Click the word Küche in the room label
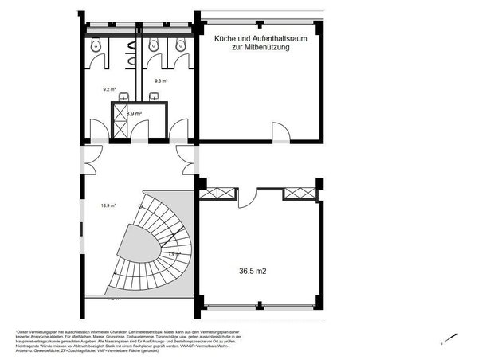[x=221, y=37]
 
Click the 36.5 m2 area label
[x=253, y=272]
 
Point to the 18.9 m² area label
[x=108, y=205]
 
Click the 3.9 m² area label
[x=134, y=115]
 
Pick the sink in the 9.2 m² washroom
[x=123, y=97]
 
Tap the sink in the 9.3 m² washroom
[x=154, y=97]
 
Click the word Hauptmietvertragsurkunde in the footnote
[x=33, y=344]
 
